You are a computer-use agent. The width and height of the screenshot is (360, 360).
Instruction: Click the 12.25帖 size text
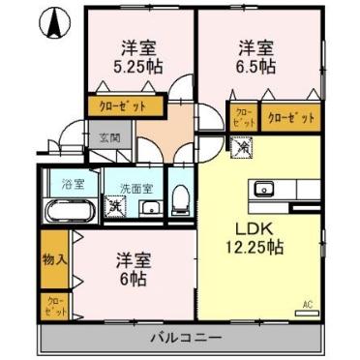point(256,248)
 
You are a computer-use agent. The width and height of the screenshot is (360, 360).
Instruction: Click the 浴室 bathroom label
point(68,184)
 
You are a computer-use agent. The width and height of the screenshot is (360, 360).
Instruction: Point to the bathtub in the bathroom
point(67,211)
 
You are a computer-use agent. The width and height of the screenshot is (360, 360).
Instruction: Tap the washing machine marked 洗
point(115,204)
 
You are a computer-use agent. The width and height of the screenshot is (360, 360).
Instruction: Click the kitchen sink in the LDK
point(264,188)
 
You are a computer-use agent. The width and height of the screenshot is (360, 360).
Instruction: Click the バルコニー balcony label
point(183,338)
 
